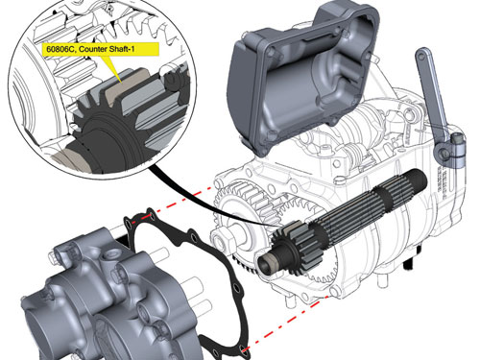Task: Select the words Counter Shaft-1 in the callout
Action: pos(107,49)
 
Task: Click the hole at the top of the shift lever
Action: pos(422,56)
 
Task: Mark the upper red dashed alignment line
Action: pos(180,201)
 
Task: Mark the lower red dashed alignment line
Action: pos(286,323)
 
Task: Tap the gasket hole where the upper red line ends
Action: pos(151,215)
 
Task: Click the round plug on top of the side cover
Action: pos(111,255)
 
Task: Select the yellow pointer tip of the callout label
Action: pos(121,82)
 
